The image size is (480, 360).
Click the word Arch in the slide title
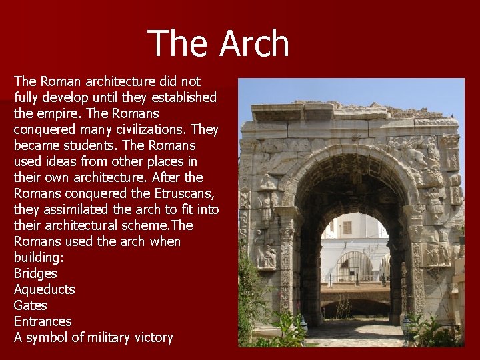point(254,43)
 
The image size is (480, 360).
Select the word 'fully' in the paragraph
point(27,97)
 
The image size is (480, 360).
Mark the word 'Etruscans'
point(187,193)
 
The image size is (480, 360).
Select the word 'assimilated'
point(81,209)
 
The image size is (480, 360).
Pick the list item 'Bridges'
point(35,273)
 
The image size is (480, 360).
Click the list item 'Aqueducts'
point(44,289)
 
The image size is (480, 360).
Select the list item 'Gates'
point(30,305)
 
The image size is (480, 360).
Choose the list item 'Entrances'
point(41,321)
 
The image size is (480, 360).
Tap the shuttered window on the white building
point(347,227)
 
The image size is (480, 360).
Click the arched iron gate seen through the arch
point(355,266)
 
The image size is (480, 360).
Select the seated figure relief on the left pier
point(267,254)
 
